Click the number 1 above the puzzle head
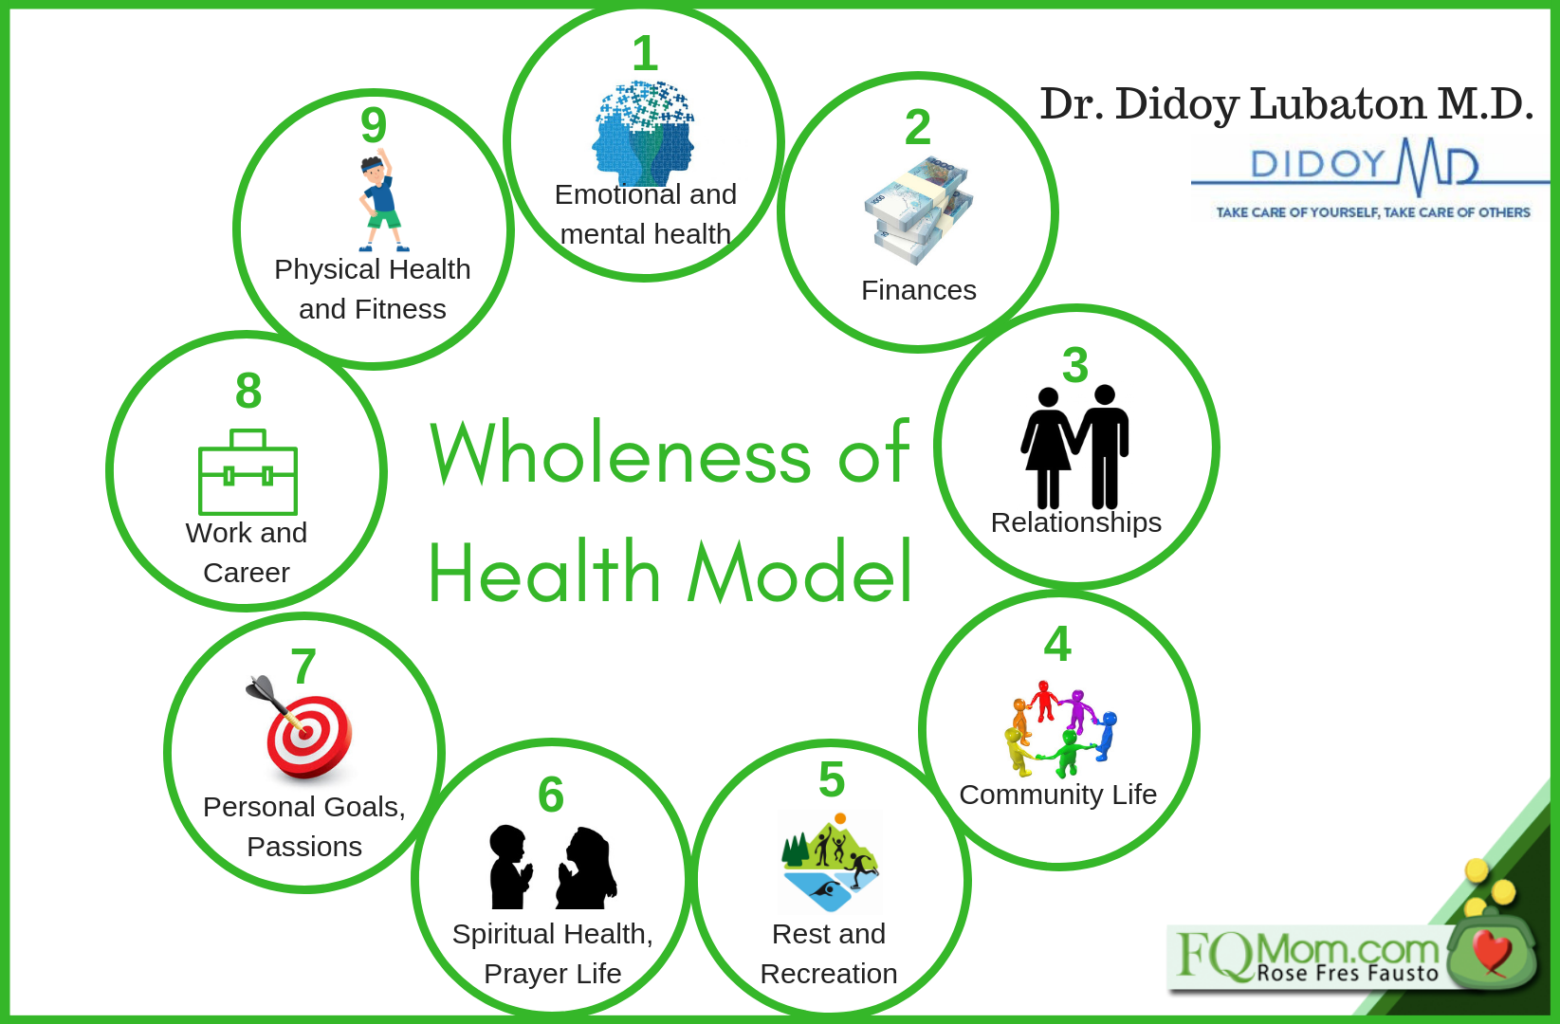click(645, 54)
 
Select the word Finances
click(919, 290)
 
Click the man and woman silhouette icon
click(1075, 447)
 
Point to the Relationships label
click(1076, 522)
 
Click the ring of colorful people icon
click(1060, 729)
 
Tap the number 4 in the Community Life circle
click(1057, 644)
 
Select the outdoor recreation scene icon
click(830, 862)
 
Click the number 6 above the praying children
click(551, 795)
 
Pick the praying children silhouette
click(552, 868)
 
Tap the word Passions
click(304, 848)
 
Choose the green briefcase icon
click(248, 472)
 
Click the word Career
click(247, 573)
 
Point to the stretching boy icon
click(381, 200)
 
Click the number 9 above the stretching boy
click(374, 125)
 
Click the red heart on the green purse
click(1492, 951)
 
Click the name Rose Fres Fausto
click(1348, 973)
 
